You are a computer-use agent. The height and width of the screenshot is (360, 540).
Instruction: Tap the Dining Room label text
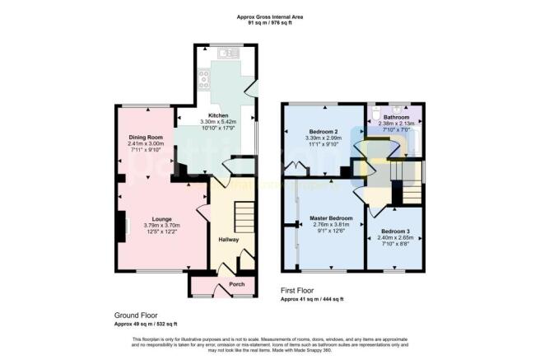[x=145, y=137]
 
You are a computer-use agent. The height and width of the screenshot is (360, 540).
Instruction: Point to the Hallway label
[x=228, y=240]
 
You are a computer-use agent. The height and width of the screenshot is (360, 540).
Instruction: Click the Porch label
[x=214, y=284]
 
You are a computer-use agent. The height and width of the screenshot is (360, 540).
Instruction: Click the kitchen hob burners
[x=203, y=81]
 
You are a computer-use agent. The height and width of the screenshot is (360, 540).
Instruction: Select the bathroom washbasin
[x=404, y=108]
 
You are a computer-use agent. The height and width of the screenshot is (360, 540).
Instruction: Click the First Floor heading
[x=300, y=291]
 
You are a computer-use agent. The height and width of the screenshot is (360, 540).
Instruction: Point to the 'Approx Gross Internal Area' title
[x=270, y=16]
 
